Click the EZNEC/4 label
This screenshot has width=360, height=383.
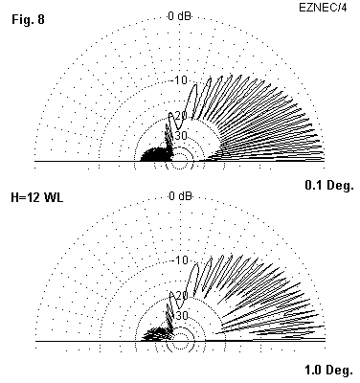(x=323, y=8)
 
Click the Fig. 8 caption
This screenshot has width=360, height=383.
(x=28, y=19)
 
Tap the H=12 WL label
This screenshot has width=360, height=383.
(x=37, y=197)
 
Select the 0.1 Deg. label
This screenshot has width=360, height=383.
(x=329, y=185)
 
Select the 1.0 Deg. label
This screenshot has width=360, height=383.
(x=329, y=371)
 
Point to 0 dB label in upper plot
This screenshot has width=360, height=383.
(x=180, y=16)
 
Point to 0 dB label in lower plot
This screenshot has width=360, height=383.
(x=180, y=195)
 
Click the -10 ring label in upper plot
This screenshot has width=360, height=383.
(x=180, y=80)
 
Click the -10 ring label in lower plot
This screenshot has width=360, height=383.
(x=181, y=260)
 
